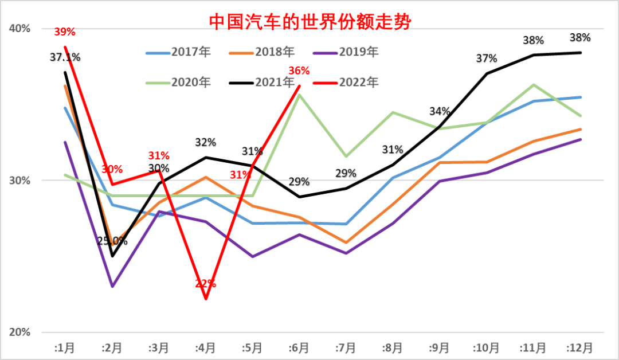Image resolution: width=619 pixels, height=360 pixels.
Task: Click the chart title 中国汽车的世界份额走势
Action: (x=310, y=22)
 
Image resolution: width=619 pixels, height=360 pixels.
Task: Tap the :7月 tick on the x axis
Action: (x=346, y=347)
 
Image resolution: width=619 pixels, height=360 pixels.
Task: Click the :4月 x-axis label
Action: (x=205, y=347)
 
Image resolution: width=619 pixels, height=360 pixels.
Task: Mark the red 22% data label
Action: (x=205, y=283)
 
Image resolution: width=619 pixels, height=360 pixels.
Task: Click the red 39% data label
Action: (x=65, y=32)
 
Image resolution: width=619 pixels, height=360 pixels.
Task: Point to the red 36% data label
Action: (x=299, y=71)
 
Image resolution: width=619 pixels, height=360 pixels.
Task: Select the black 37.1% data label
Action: (x=65, y=57)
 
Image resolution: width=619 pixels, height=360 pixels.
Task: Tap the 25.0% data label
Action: (x=112, y=241)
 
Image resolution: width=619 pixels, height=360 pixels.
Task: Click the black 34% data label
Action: (x=440, y=111)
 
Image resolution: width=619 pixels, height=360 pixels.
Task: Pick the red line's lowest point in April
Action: (x=205, y=299)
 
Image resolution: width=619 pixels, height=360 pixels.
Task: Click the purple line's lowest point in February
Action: (x=112, y=286)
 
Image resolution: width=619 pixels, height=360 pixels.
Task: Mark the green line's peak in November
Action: (x=534, y=85)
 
